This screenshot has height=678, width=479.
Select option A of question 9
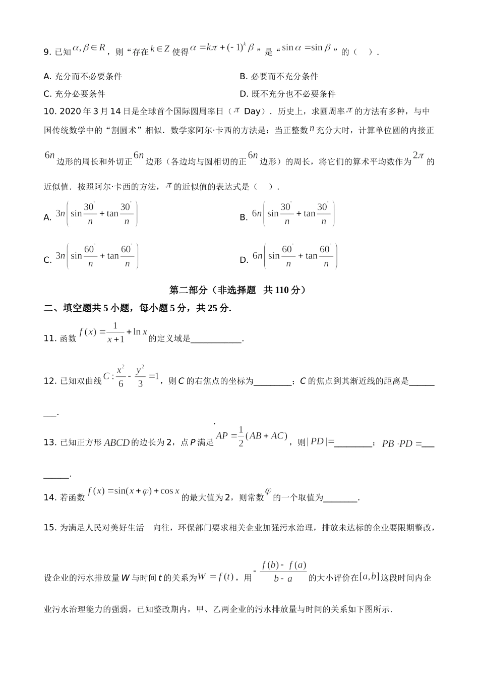coord(83,77)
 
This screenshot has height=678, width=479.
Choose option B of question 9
coord(279,77)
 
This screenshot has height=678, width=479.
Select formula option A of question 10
coord(96,214)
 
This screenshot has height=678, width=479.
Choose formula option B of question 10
coord(293,214)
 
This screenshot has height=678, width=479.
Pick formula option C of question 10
coord(96,256)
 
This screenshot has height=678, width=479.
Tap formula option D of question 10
coord(294,256)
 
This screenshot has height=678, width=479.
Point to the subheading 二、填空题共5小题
coord(137,308)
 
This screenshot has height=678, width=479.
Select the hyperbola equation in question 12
coord(131,376)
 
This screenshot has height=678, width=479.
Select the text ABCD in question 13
coord(116,443)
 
